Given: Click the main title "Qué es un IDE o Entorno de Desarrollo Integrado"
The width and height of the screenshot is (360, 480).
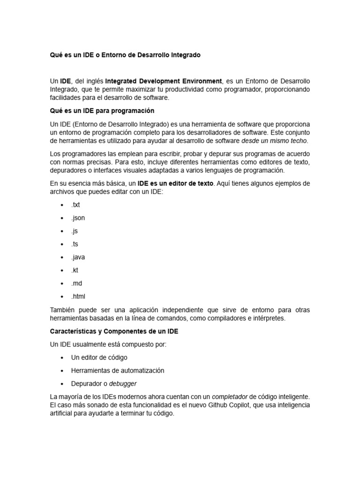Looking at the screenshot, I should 125,55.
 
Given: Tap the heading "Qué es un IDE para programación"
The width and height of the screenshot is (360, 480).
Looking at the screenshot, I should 102,111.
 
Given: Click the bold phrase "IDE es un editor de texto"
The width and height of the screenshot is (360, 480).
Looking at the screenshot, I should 175,183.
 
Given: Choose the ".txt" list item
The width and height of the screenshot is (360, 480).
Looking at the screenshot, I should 75,205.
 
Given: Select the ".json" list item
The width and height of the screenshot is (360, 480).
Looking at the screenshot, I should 78,218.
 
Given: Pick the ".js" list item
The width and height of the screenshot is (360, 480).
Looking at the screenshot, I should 75,231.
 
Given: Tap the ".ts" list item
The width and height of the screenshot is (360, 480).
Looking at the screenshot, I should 75,244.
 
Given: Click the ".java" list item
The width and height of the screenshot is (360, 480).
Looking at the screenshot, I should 78,257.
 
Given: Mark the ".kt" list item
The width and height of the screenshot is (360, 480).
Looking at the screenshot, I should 75,270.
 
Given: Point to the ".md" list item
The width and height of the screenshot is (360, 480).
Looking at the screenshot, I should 76,284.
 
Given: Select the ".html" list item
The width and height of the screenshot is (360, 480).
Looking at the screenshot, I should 78,297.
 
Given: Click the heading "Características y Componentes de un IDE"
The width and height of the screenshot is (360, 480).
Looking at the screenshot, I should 114,331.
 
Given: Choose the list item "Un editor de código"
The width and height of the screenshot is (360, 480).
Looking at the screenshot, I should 99,358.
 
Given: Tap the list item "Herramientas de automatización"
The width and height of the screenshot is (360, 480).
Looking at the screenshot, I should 118,370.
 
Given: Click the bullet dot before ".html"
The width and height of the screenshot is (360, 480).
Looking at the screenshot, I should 62,297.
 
